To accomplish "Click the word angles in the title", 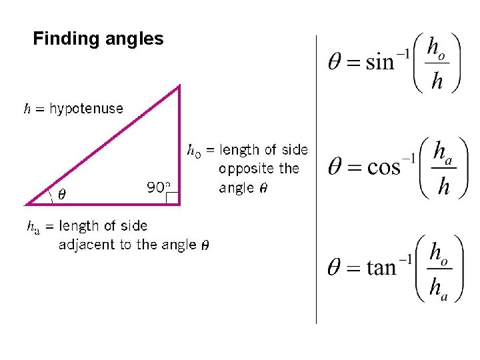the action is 134,39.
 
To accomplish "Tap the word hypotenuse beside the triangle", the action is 86,109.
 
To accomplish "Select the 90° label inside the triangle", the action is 159,187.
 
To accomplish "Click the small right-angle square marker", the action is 172,197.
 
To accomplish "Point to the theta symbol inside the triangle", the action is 62,195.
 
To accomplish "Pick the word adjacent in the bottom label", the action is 88,245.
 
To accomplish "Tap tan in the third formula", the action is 381,268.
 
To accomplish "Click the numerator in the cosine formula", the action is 441,153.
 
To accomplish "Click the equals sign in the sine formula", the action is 354,63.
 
